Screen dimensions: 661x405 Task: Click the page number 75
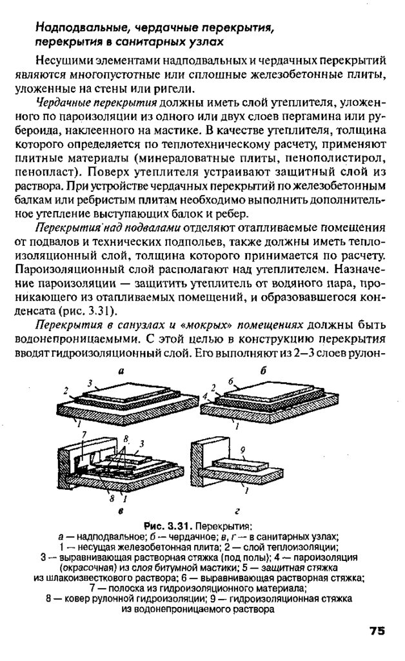coord(377,631)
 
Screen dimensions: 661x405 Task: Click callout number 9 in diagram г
coord(242,449)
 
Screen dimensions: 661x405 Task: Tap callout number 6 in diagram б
coord(230,382)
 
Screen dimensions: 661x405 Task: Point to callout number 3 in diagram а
coord(90,382)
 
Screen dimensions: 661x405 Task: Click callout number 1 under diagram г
coord(247,491)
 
